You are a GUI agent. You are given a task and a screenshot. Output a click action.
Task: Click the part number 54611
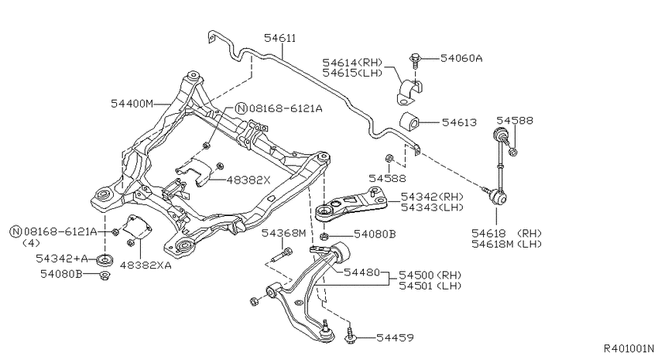click(x=280, y=37)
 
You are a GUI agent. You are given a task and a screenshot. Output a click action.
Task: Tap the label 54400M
click(x=132, y=102)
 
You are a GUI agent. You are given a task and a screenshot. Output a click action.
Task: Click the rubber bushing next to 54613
click(x=409, y=122)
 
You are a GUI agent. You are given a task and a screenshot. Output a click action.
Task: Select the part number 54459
click(x=395, y=338)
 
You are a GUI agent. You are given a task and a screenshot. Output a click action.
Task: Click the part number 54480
click(x=362, y=273)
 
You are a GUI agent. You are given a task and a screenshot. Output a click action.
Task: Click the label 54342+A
click(x=61, y=259)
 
